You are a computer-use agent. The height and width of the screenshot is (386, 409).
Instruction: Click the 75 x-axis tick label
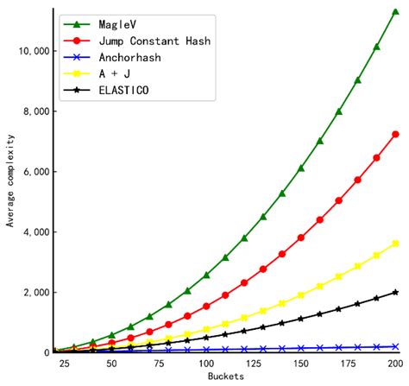coord(149,364)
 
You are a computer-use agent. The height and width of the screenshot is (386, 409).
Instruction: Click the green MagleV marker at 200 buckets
coord(395,13)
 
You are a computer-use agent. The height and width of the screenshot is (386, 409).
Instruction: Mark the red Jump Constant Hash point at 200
coord(395,134)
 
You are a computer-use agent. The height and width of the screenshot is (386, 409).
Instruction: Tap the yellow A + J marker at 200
coord(395,244)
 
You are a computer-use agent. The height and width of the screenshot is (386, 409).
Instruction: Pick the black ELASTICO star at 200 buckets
coord(395,292)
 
